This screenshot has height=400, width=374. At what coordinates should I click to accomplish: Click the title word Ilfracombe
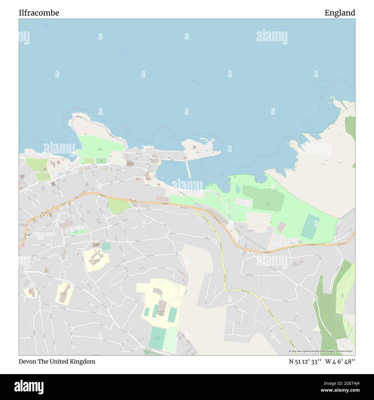[39, 13]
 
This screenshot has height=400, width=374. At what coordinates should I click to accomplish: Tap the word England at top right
[340, 13]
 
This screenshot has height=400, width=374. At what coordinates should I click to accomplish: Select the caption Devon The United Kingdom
[57, 361]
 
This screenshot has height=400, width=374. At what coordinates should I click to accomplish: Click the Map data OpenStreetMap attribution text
[321, 351]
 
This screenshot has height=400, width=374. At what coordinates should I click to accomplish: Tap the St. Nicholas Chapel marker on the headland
[194, 146]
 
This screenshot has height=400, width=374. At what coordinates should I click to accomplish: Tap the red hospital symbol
[30, 291]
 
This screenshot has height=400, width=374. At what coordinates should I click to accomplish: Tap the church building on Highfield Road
[96, 245]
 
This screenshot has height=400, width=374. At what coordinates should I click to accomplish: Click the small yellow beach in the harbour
[159, 163]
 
